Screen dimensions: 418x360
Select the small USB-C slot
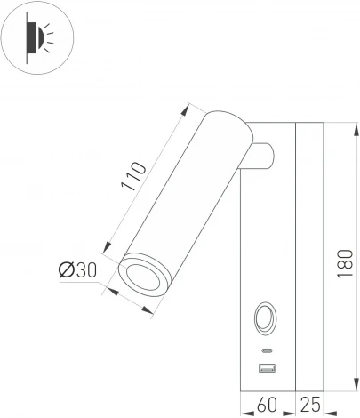pyautogui.click(x=266, y=348)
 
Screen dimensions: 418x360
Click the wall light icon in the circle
pyautogui.click(x=37, y=36)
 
